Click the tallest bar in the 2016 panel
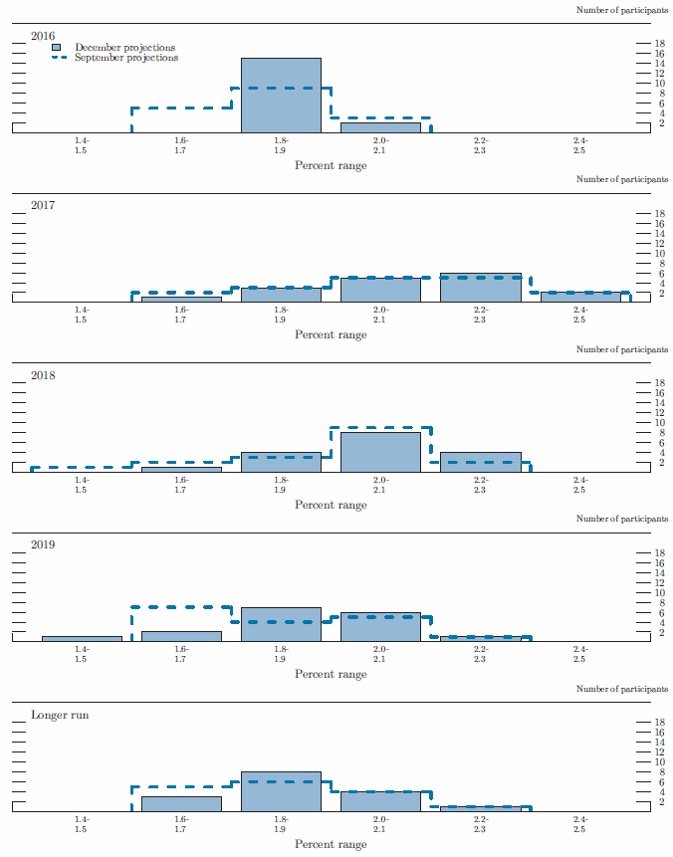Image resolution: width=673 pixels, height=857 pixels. [281, 96]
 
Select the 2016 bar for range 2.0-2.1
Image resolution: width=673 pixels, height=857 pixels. [380, 127]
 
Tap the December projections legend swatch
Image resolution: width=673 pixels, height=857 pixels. [61, 47]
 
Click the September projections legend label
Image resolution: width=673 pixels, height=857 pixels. [126, 58]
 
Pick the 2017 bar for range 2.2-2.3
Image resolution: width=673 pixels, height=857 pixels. [480, 288]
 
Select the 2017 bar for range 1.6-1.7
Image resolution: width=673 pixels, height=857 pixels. [181, 299]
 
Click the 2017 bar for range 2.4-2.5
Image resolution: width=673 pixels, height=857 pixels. [579, 297]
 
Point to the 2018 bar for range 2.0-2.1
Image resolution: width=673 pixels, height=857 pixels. [380, 452]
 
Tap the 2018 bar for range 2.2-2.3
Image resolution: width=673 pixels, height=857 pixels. [480, 462]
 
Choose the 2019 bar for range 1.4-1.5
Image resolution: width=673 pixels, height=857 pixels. [82, 638]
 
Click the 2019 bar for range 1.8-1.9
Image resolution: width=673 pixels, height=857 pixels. [281, 624]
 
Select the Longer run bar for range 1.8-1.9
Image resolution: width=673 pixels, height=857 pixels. [281, 791]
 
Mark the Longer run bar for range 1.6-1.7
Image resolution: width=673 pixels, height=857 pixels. [181, 803]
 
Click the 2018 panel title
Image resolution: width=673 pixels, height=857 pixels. [43, 375]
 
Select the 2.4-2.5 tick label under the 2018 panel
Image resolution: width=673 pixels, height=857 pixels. [579, 485]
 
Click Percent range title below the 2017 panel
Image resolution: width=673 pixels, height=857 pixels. [331, 334]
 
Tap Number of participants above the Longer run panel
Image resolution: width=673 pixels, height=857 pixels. [622, 689]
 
